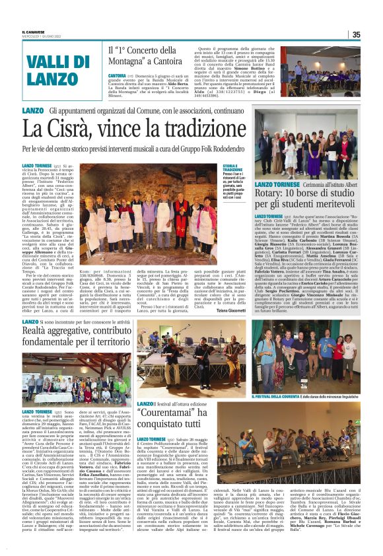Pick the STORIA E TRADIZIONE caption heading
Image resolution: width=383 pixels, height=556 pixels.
coord(230,168)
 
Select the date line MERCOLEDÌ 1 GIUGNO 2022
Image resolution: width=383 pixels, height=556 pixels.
coord(41,37)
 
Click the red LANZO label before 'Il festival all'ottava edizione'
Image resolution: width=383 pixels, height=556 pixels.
coord(145,385)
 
